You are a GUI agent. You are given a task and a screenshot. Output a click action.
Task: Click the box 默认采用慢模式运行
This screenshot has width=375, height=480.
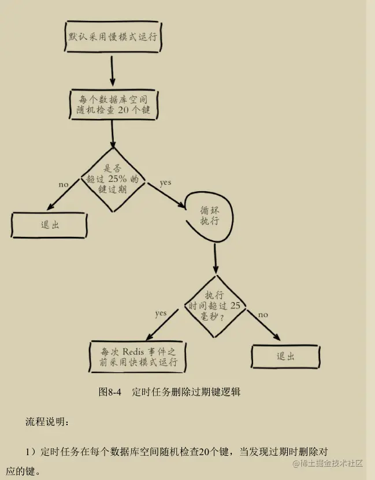[112, 38]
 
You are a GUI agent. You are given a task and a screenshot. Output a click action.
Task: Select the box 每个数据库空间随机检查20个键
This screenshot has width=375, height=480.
[112, 103]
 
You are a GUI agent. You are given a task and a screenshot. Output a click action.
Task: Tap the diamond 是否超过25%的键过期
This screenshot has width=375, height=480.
[113, 181]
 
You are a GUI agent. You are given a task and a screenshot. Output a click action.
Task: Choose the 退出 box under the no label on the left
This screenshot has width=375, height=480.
[50, 225]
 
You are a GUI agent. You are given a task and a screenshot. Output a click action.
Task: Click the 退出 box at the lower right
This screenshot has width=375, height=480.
[285, 356]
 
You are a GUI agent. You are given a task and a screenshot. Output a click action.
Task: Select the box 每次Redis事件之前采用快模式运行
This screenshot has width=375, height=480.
[138, 356]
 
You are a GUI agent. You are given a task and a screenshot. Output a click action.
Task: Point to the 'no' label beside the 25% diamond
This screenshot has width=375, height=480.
[64, 184]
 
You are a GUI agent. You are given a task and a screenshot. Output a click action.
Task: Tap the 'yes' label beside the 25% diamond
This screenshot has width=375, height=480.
[166, 183]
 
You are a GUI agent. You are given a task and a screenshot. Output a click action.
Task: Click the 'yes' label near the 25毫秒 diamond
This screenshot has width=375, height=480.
[161, 313]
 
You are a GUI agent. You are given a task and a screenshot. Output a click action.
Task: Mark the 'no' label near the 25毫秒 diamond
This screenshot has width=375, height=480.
[263, 314]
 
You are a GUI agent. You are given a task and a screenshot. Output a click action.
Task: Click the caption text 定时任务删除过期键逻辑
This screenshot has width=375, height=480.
[185, 392]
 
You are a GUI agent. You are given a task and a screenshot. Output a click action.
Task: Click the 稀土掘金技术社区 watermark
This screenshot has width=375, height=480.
[327, 463]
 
